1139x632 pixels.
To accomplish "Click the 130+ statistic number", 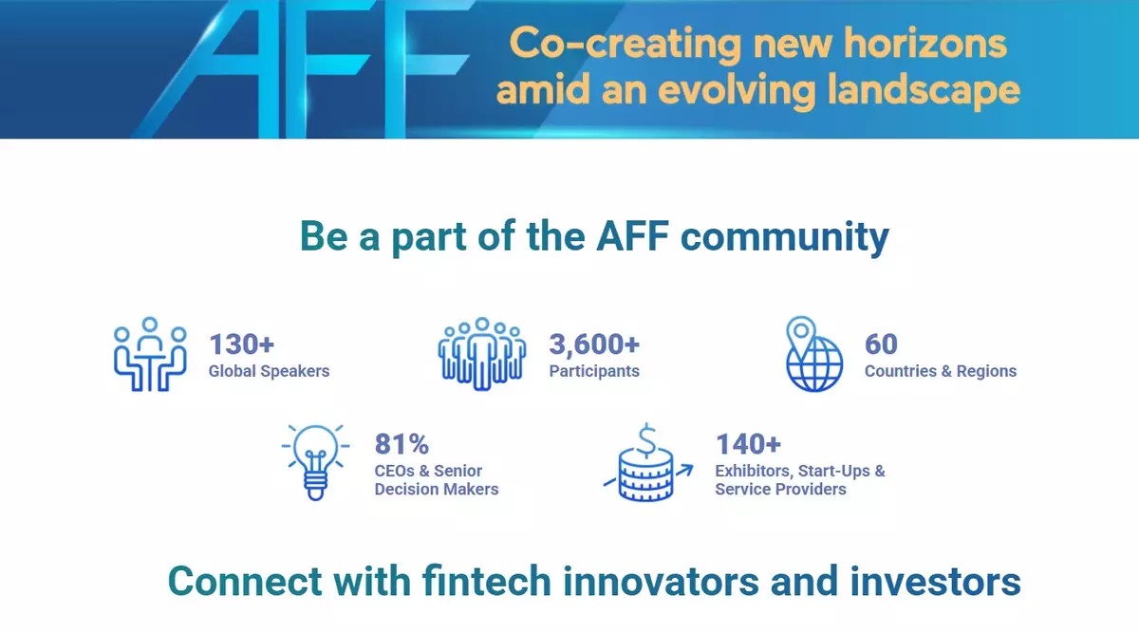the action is (x=241, y=344).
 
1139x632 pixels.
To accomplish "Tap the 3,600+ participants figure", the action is (x=594, y=344).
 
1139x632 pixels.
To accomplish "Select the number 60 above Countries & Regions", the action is (x=881, y=344).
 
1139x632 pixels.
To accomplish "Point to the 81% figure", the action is (x=401, y=444).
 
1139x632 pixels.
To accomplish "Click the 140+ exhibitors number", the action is (x=748, y=444).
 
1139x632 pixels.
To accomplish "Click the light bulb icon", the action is (x=315, y=462).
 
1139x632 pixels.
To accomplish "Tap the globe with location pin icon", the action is (x=814, y=354).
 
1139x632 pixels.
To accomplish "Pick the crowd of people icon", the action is (x=482, y=354).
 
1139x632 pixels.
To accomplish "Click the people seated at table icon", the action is (x=150, y=354).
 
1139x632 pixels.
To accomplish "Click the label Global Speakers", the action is (x=269, y=371).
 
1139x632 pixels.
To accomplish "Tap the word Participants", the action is (x=594, y=371).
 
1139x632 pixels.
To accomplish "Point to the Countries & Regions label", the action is (x=941, y=371).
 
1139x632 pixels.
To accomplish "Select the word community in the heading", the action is (x=785, y=237).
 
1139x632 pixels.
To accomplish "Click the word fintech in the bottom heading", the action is (x=487, y=581).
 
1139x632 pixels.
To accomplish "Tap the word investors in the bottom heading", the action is (x=936, y=582).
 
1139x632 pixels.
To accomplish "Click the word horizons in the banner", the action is (x=924, y=44).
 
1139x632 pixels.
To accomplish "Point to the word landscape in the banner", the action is (x=924, y=90).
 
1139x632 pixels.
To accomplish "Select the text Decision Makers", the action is (x=437, y=489).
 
